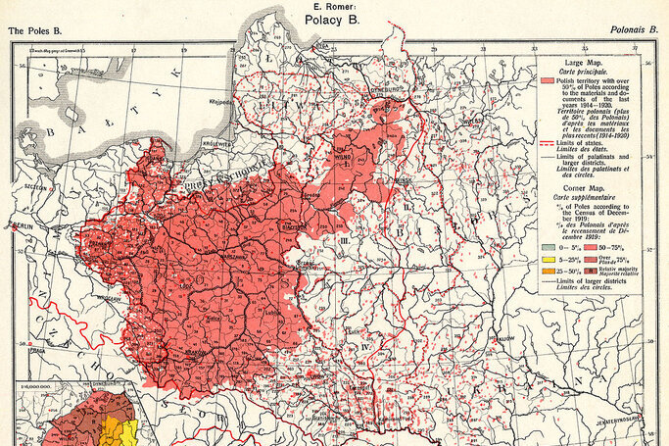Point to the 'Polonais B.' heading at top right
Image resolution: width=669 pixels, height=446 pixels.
click(633, 31)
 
